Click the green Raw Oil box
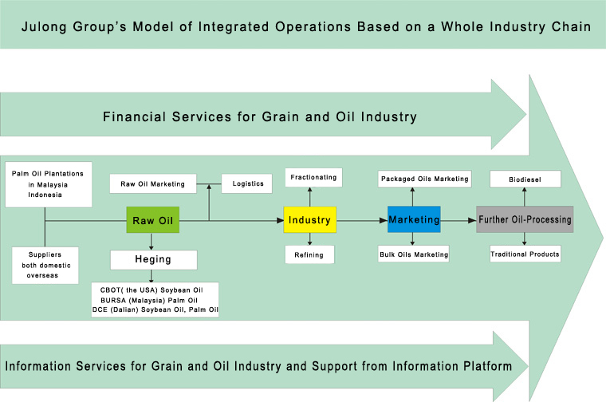[152, 220]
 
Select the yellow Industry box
[310, 219]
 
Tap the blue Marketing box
[414, 219]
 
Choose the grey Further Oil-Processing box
[525, 219]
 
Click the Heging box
[153, 260]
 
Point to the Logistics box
[246, 183]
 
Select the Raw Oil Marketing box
[153, 183]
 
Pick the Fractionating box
[313, 177]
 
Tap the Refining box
[309, 254]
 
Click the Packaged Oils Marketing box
[425, 179]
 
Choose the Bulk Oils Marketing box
[414, 254]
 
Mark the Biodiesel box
[525, 179]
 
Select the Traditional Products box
[525, 254]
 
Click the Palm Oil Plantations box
[49, 184]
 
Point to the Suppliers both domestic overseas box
[45, 266]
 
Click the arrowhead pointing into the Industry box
[280, 220]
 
